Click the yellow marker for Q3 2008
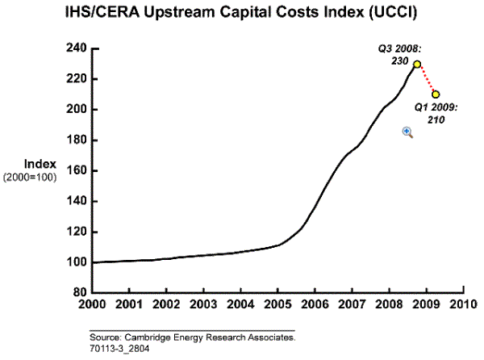point(417,65)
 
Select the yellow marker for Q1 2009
point(436,94)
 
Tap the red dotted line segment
point(427,79)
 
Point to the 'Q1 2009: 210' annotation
point(436,113)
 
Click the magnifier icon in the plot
point(408,132)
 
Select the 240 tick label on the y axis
point(77,48)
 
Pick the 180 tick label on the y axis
point(77,140)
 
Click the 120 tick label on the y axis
point(77,232)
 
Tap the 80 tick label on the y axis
point(80,293)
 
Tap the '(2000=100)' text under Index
point(29,177)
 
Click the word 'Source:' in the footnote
point(107,338)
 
